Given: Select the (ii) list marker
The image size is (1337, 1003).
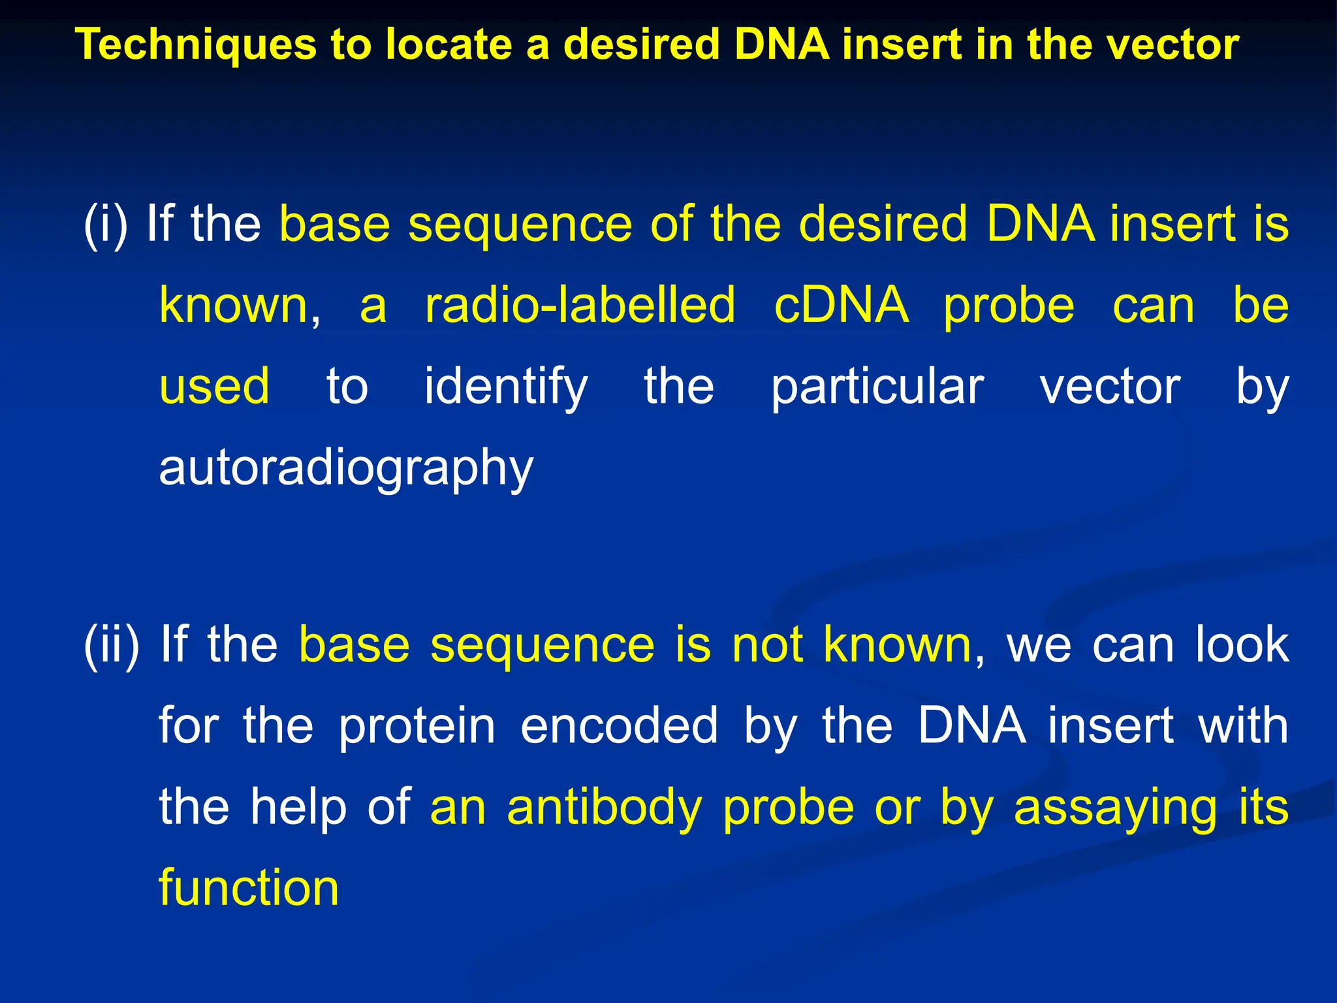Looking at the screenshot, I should pos(112,645).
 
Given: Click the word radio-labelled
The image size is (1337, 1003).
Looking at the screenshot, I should pos(580,305).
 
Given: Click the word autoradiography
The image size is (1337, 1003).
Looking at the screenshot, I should pos(346,469).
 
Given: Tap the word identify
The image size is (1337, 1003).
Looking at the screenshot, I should pos(506,387).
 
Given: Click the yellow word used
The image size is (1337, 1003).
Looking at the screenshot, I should pos(214,387).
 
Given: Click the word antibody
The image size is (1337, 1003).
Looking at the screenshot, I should pos(604,808).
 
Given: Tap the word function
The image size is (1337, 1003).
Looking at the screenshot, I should pos(249,888).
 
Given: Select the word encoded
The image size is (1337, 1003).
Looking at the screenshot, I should pos(619,725).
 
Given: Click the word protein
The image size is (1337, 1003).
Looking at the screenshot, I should pos(417,725).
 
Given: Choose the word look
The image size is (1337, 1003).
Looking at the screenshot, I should pos(1242,645).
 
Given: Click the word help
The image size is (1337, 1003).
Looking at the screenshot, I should pos(298,808).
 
